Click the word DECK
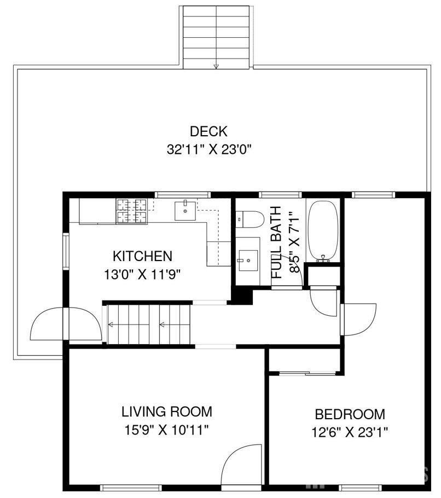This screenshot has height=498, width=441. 208,131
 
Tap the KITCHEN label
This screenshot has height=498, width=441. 142,256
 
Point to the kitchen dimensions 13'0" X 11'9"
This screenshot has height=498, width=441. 142,274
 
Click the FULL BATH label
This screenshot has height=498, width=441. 277,242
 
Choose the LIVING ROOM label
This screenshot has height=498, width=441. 166,412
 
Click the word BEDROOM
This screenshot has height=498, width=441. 350,414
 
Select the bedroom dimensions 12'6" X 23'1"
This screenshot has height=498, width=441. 350,432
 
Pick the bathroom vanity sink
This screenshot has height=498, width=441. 248,258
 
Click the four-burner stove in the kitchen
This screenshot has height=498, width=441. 131,211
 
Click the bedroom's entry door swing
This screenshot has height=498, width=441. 358,319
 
